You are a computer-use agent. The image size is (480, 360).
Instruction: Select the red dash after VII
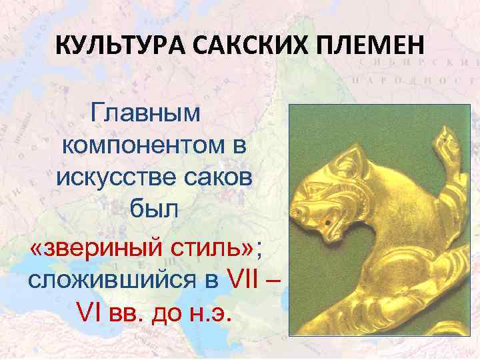click(x=281, y=280)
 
